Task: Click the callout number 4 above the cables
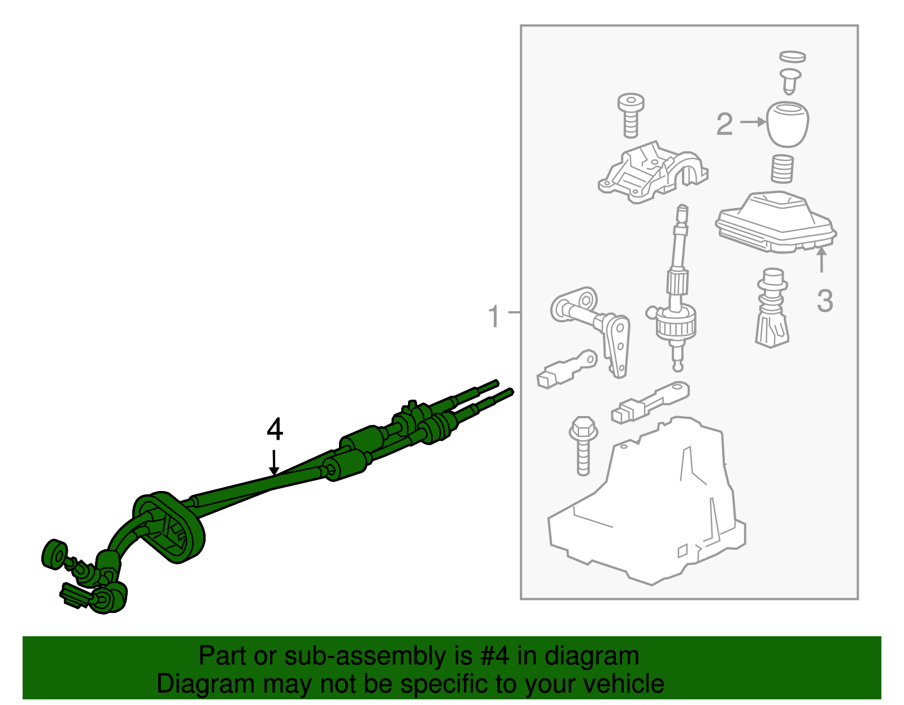275,430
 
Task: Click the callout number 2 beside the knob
724,124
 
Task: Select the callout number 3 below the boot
825,301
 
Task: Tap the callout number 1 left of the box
493,317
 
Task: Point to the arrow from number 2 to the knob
753,122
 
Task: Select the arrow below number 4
273,462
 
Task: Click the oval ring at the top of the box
793,57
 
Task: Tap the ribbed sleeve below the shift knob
782,169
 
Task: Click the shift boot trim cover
776,222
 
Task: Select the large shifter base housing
647,501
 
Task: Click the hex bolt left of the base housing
583,446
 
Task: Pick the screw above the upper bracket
631,115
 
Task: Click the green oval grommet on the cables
169,528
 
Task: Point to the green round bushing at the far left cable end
54,554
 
